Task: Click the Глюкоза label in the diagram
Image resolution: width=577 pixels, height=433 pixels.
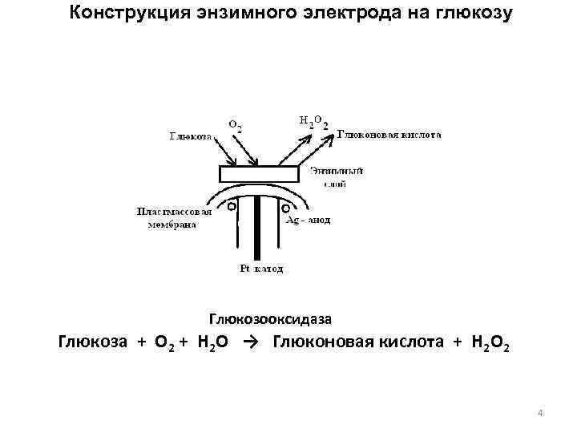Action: (190, 136)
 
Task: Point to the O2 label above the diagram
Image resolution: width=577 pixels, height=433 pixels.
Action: (236, 126)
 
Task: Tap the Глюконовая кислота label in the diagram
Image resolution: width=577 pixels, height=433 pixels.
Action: (389, 136)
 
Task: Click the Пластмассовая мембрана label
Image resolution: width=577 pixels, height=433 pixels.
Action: (173, 218)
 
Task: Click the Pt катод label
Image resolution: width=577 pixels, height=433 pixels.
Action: (261, 269)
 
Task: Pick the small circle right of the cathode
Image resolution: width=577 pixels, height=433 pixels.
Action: (285, 208)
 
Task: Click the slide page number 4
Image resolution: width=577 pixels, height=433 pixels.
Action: (542, 413)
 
